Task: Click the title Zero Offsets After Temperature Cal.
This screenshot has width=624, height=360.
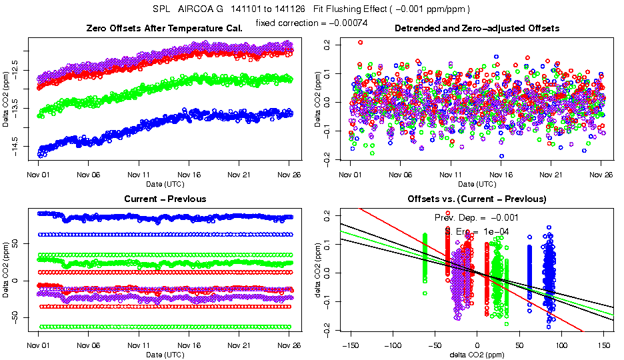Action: pyautogui.click(x=164, y=29)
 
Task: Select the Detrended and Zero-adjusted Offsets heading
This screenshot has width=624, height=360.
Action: pyautogui.click(x=477, y=29)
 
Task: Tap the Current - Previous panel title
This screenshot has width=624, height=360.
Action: pyautogui.click(x=165, y=199)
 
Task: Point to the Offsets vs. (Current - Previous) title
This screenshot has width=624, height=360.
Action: pyautogui.click(x=477, y=199)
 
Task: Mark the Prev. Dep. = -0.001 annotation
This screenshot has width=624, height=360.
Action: pyautogui.click(x=477, y=217)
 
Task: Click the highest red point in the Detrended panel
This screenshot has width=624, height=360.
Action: pyautogui.click(x=361, y=42)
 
